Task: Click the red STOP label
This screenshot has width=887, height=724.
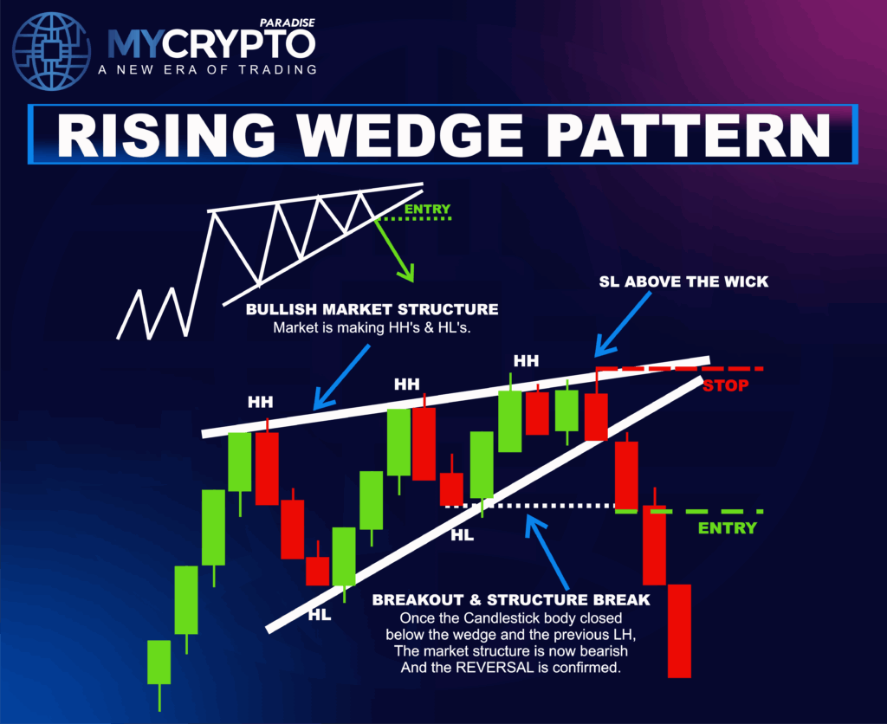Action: [724, 385]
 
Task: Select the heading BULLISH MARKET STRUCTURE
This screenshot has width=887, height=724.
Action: [372, 309]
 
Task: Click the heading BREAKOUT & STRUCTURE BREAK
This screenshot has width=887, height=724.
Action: [510, 599]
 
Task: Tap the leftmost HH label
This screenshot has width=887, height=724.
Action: [260, 402]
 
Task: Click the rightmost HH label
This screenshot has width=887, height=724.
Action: [526, 360]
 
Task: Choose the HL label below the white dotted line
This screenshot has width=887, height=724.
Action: [462, 535]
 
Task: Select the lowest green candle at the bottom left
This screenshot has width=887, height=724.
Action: [159, 663]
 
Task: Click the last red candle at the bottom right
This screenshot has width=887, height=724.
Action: [679, 630]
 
